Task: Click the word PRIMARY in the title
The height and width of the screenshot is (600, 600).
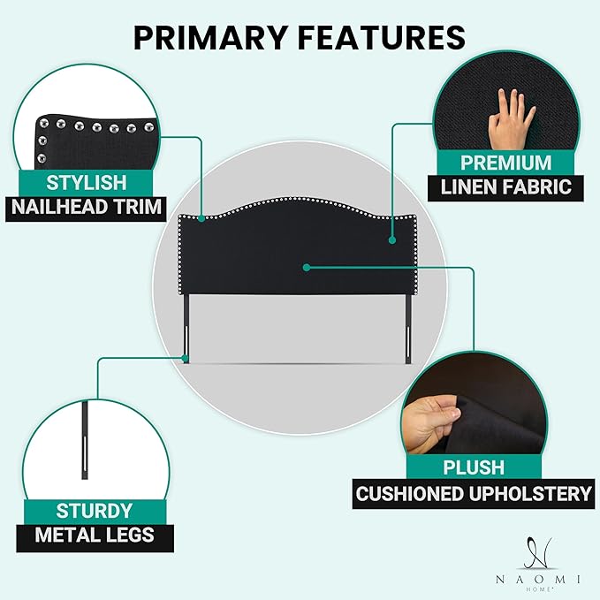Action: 210,37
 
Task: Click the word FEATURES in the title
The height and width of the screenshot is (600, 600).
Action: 382,37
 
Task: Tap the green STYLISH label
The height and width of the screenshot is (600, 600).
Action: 86,183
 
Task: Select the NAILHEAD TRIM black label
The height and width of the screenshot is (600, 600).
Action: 86,208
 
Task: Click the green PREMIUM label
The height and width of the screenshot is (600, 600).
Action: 505,163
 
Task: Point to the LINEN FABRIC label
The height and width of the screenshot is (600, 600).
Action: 505,187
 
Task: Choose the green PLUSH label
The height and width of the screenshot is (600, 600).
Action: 474,467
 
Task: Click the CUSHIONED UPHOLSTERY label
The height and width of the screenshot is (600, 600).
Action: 474,494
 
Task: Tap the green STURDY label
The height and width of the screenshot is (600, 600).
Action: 95,512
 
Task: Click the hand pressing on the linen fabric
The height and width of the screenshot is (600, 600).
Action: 509,119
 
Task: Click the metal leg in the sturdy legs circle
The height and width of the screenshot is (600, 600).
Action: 85,440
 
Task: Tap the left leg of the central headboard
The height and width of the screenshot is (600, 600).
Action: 186,329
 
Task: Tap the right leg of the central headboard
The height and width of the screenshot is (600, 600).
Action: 409,330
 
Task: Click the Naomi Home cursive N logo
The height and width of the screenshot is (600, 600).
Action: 539,553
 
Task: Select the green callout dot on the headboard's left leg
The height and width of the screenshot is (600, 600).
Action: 186,359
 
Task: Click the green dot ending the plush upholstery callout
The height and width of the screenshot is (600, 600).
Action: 306,268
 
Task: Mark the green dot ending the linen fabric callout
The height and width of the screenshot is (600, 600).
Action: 391,240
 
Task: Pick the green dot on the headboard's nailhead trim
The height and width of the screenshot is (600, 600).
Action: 201,218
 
